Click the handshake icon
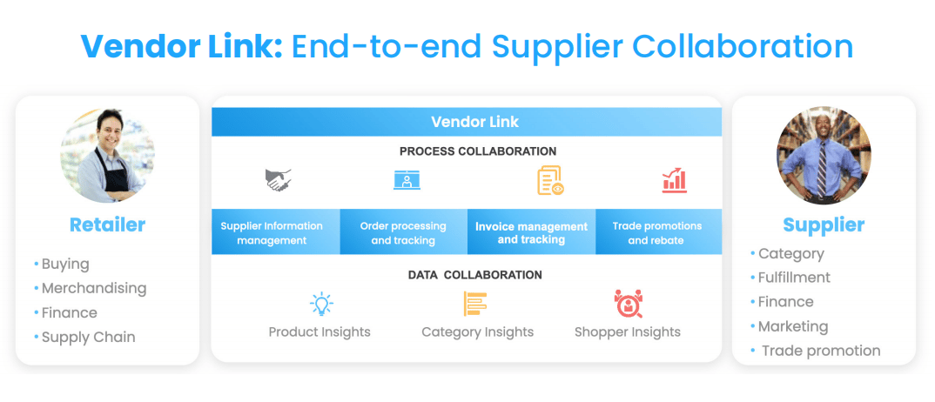coord(279,180)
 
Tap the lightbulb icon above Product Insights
coord(321,304)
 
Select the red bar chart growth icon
coord(675,180)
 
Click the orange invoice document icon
coord(550,180)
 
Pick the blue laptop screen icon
coord(407,180)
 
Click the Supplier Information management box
coord(276,232)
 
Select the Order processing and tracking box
coord(404,232)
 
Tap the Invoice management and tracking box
coord(531,232)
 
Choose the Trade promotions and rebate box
coord(658,232)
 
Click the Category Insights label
coord(478,332)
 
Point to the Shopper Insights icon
coord(628,304)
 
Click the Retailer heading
coord(107,224)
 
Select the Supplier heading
coord(824,224)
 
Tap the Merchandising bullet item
coord(94,288)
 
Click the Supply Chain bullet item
coord(88,337)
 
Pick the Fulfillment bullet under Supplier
coord(794,278)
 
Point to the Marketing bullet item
coord(793,326)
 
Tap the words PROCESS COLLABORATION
coord(478,151)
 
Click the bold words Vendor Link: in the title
coord(182,46)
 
